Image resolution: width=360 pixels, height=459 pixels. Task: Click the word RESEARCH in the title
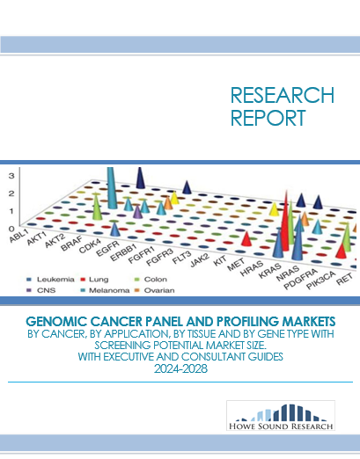pos(283,95)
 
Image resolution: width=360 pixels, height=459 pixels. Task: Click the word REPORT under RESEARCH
pos(268,118)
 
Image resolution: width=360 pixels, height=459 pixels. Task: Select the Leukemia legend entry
pos(50,280)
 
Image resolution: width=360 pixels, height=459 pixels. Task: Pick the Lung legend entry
pos(95,280)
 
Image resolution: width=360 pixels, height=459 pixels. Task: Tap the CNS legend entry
pos(41,290)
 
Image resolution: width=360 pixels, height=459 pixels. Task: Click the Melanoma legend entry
pos(105,290)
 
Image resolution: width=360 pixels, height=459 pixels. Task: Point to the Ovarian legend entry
pos(154,290)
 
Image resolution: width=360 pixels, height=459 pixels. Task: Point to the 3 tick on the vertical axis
pos(11,176)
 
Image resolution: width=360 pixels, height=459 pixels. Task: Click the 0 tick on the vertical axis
pos(11,229)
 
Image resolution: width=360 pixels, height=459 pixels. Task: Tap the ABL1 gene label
pos(18,236)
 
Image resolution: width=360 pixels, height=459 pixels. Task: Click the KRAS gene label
pos(270,271)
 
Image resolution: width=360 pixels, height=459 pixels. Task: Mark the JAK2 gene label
pos(200,260)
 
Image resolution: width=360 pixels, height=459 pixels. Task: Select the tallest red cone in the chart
pos(283,222)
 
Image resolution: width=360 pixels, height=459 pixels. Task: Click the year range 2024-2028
pos(180,368)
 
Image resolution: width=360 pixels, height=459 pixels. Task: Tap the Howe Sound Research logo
pos(281,415)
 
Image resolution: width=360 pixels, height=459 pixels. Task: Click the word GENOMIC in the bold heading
pos(56,322)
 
